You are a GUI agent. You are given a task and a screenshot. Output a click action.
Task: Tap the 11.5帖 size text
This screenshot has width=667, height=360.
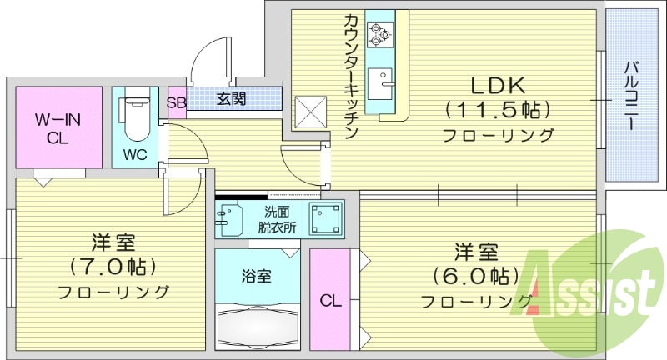click(497, 109)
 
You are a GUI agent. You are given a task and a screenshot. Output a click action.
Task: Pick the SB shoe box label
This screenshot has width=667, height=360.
click(176, 102)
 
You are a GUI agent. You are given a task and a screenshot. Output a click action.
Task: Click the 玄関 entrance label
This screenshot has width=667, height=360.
click(232, 99)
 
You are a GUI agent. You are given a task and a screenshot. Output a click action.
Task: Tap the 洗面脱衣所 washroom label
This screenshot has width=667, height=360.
click(276, 219)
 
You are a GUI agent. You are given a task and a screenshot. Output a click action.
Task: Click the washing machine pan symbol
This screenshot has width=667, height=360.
click(326, 218)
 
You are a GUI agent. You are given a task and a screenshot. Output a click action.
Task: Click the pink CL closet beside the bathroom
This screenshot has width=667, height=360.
click(328, 297)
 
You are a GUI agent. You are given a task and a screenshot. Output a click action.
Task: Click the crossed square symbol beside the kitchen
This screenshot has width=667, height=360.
click(310, 108)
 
